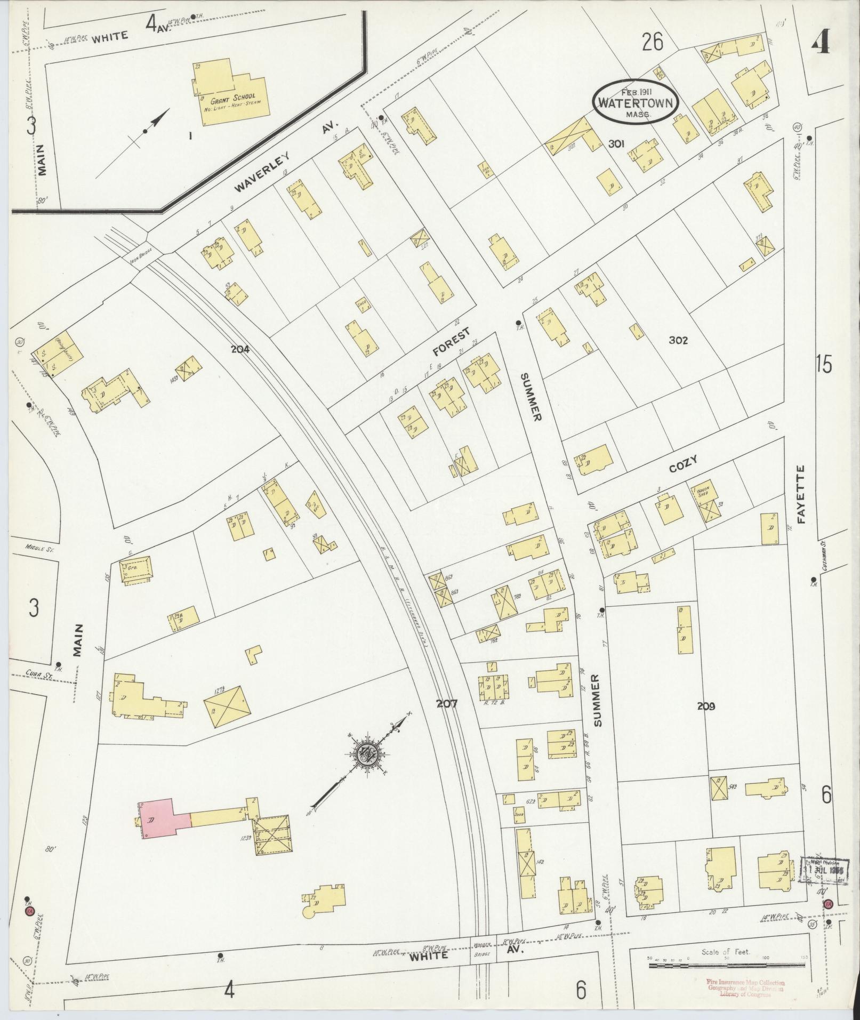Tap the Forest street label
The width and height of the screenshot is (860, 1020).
pyautogui.click(x=451, y=342)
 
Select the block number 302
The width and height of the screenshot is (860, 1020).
pyautogui.click(x=678, y=340)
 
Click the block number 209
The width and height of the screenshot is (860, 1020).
pyautogui.click(x=705, y=706)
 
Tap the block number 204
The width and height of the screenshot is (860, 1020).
pyautogui.click(x=240, y=349)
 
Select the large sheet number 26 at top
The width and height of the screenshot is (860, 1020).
pyautogui.click(x=652, y=42)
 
